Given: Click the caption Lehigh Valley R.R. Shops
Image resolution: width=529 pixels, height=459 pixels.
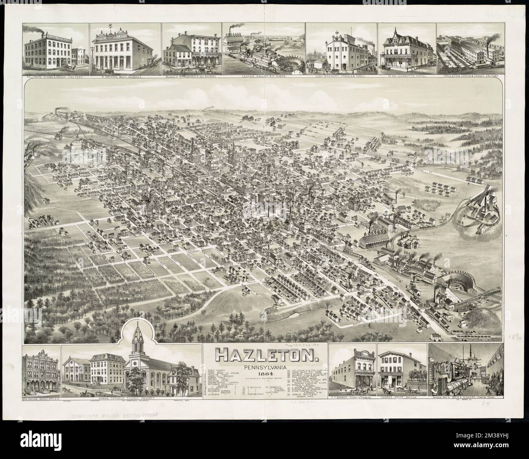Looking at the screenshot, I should tap(264, 76).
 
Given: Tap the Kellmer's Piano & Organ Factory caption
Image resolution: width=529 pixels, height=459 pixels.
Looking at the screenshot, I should tap(56, 76).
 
